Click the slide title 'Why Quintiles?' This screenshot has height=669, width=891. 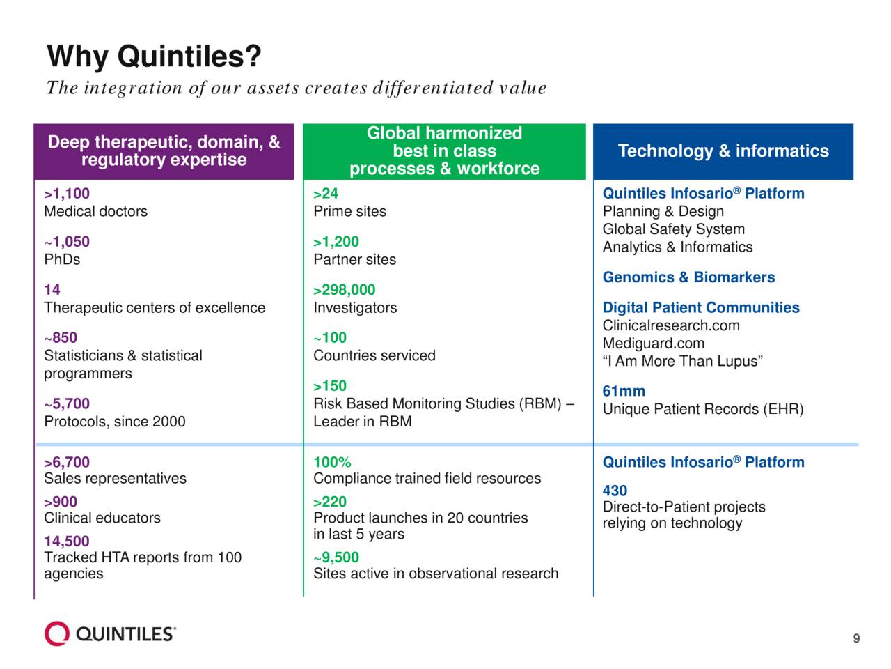point(154,56)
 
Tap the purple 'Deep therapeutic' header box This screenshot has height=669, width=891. point(164,151)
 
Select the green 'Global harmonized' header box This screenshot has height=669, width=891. point(444,151)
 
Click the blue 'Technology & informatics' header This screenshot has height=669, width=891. point(723,151)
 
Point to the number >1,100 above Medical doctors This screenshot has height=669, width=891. point(67,194)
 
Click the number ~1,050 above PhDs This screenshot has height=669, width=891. point(67,242)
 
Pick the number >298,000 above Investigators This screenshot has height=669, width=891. point(344,290)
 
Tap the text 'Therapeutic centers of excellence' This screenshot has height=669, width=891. point(155,307)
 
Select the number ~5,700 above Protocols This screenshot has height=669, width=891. point(67,403)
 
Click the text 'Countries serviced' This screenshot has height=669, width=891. point(374,355)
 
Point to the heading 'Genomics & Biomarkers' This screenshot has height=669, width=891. point(688,277)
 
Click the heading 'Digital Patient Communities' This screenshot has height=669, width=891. point(701,308)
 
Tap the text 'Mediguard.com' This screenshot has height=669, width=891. point(654,344)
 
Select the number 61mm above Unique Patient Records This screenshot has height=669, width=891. point(624,392)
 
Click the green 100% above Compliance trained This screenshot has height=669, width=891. point(332,462)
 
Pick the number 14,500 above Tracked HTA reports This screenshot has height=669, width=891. point(67,541)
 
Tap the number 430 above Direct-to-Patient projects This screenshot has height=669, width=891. point(615,491)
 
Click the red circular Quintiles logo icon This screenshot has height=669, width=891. point(57,633)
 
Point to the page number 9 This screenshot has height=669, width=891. point(856,639)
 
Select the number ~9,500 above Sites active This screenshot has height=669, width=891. point(336,557)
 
